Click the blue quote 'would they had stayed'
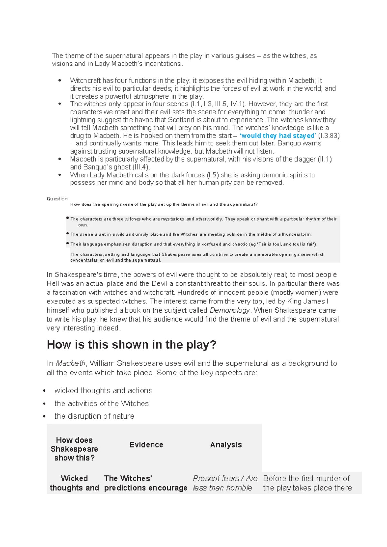278,136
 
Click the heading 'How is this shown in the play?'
132,345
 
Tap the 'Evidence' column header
146,445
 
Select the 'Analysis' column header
226,445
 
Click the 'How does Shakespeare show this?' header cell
74,449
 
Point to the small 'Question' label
57,199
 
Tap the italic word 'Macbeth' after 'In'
71,363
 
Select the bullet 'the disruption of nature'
94,416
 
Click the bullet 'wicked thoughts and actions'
103,391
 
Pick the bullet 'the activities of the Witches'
101,403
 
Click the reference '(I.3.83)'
329,136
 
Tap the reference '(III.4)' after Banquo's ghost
141,167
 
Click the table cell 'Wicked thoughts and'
74,483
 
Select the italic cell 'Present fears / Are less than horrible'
225,483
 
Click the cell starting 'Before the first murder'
307,483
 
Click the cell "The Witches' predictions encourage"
145,483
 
